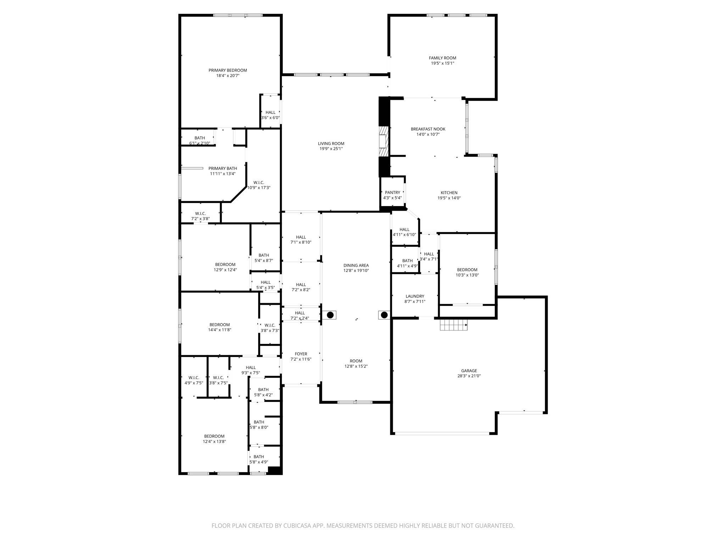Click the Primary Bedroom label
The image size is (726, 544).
(x=228, y=70)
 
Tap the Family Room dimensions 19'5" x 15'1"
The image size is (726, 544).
(x=442, y=63)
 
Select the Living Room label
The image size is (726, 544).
(x=331, y=143)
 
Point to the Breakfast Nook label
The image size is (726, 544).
(x=428, y=129)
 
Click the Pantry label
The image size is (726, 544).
(x=392, y=193)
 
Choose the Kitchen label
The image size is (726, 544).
(x=449, y=193)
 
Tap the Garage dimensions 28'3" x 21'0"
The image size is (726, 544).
(x=469, y=376)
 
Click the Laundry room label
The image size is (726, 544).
(x=415, y=296)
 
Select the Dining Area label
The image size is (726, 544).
(x=356, y=265)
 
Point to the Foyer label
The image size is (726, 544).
(x=301, y=354)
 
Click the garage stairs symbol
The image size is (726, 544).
(x=454, y=324)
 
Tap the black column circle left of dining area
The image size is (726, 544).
(x=330, y=315)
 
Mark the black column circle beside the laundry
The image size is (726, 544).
(x=384, y=315)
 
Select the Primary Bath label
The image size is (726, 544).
(x=223, y=168)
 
